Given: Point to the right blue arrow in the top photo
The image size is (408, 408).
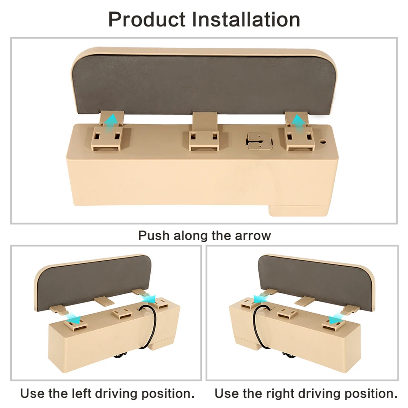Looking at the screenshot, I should tap(298, 121).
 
